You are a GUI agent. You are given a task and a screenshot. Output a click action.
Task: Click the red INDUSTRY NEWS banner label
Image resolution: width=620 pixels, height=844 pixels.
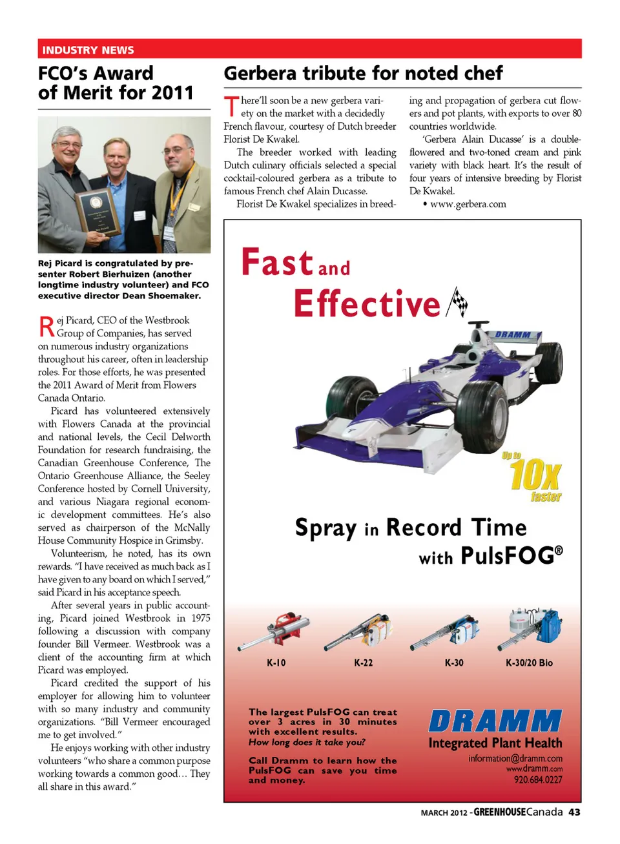click(x=88, y=50)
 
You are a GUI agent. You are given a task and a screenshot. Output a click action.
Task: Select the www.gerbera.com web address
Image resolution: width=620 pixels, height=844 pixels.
click(x=468, y=204)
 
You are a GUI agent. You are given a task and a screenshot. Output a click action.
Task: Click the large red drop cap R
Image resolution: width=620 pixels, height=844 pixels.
click(x=46, y=327)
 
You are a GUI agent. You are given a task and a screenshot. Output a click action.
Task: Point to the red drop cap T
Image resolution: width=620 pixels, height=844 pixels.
click(x=231, y=107)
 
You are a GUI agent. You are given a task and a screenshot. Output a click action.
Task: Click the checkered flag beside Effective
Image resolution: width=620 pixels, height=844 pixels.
click(x=457, y=302)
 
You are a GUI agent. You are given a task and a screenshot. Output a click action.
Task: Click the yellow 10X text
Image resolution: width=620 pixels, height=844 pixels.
click(x=535, y=476)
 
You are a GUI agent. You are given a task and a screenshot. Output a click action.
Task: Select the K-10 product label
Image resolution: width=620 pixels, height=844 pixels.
click(x=276, y=663)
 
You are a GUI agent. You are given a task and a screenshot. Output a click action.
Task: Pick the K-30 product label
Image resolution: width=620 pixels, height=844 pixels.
click(x=454, y=663)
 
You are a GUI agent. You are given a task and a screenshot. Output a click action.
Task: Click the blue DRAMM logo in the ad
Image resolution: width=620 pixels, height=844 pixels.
click(x=495, y=721)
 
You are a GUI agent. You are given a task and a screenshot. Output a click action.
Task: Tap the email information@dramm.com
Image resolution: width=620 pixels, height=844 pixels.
click(x=515, y=758)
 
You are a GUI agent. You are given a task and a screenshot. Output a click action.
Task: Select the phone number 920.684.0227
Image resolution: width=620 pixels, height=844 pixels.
click(x=538, y=779)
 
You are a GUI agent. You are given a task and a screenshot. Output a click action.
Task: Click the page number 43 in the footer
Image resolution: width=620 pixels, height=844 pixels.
click(x=574, y=812)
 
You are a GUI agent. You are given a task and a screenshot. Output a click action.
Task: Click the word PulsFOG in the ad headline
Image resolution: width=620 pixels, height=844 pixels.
click(x=508, y=556)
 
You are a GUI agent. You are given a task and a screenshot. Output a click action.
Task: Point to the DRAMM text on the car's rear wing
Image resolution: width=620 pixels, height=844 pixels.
click(x=513, y=335)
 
